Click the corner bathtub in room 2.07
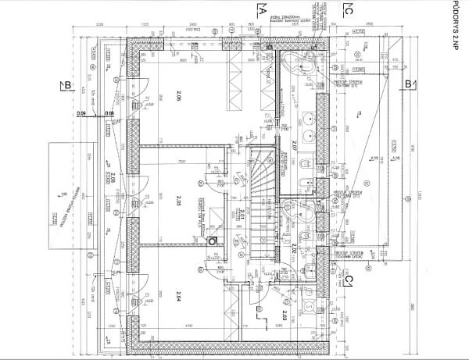[x=299, y=66]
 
